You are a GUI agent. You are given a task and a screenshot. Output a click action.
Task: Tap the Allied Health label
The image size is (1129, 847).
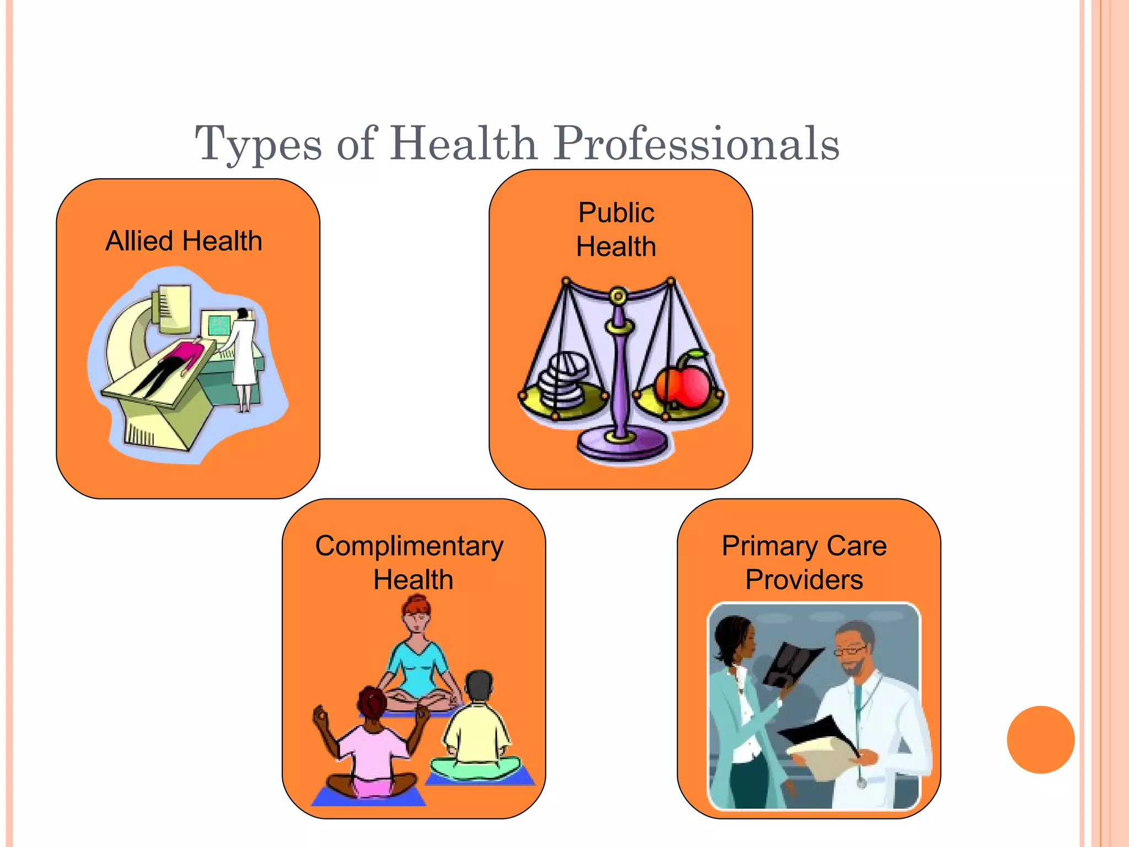click(184, 241)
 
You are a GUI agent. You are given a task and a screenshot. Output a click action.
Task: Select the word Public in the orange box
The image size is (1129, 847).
click(616, 213)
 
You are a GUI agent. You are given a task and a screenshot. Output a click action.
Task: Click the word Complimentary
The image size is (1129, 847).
click(409, 546)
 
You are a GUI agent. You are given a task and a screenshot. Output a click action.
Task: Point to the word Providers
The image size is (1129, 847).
click(804, 580)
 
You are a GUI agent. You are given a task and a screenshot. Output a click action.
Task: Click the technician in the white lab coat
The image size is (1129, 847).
click(243, 353)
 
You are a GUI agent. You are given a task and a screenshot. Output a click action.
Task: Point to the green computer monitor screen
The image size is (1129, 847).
click(218, 325)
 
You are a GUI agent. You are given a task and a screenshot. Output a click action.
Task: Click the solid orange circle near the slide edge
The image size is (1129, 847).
click(1040, 739)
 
